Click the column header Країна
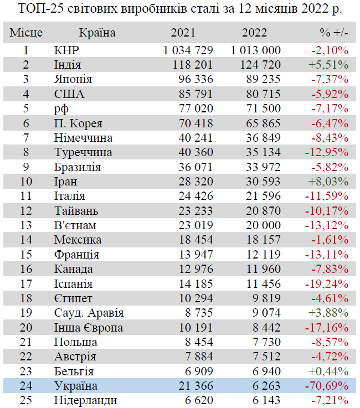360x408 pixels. pos(97,33)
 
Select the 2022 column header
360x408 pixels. pos(254,33)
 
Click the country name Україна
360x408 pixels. pos(76,386)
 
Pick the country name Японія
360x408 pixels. pos(73,79)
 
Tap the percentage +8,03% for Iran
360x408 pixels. pos(329,181)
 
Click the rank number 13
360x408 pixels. pos(25,225)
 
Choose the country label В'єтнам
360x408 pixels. pos(75,225)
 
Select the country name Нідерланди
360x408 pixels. pos(85,400)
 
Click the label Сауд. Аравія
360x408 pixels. pos(89,313)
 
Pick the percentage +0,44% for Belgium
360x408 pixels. pos(329,371)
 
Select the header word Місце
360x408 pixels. pos(26,33)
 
